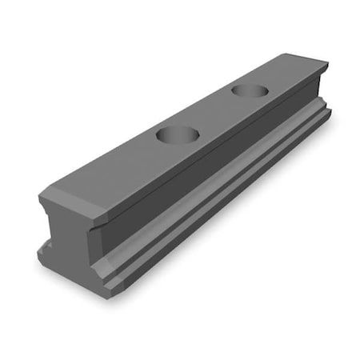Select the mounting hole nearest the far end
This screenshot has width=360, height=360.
coord(249,89)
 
